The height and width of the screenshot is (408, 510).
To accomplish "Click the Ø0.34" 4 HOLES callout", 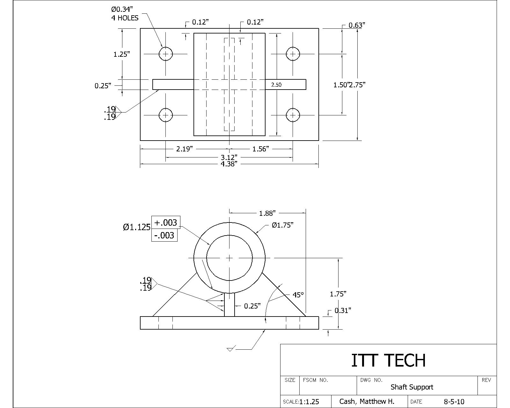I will pos(125,14).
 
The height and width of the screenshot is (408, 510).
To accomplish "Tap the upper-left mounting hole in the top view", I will pos(165,54).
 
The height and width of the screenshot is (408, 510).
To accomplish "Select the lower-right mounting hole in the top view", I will pos(293,115).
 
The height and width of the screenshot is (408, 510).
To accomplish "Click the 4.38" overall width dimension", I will pos(229,164).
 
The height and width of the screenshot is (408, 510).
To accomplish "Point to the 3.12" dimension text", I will pos(229,157).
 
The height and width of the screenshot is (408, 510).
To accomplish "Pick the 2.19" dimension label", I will pos(185,149).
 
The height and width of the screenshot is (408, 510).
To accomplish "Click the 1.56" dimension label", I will pos(261,149).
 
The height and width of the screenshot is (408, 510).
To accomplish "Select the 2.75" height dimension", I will pos(358,85).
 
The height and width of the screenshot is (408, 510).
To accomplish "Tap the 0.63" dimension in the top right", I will pos(357,25).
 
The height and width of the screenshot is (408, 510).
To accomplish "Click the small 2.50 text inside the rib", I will pos(276,85).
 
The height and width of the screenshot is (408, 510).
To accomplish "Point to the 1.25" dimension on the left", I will pos(122,54).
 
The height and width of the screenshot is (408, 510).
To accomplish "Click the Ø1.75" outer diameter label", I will pos(282,225).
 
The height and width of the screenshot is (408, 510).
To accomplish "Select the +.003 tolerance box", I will pos(166,222).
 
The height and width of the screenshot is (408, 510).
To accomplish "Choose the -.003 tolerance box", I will pos(164,235).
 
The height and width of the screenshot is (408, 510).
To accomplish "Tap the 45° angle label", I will pos(298,295).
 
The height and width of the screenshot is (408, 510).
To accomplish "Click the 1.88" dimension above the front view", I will pos(267,213).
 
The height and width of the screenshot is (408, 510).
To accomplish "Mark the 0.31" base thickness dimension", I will pos(343,310).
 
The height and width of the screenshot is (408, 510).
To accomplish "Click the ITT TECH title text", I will pos(388,360).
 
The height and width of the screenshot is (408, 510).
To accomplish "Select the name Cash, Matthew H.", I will pos(367,401).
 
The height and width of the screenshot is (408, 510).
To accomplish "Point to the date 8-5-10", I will pos(454,402).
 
